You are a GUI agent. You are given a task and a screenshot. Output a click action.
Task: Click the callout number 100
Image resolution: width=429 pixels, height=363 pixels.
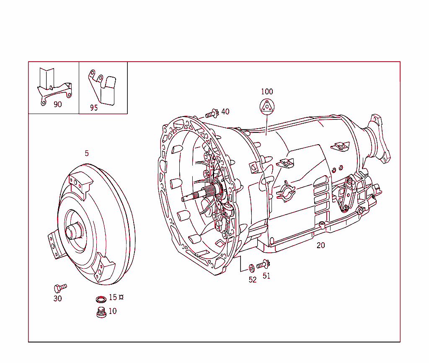[267, 91]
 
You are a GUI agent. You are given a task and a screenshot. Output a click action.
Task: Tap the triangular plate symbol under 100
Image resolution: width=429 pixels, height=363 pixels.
[266, 107]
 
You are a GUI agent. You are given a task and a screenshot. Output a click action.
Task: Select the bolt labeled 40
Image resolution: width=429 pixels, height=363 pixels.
[212, 113]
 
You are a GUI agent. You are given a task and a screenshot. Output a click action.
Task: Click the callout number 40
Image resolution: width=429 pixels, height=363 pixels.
[225, 111]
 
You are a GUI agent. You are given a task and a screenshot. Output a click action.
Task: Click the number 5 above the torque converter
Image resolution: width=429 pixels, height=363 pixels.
[87, 153]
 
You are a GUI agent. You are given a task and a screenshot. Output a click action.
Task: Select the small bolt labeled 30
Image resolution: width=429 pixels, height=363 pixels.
[60, 288]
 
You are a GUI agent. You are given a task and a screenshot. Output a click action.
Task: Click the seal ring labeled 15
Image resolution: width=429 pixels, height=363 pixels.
[101, 299]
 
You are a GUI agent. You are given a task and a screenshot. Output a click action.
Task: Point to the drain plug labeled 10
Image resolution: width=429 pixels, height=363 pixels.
[101, 313]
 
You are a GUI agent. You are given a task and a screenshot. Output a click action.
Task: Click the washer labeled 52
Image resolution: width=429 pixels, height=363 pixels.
[251, 267]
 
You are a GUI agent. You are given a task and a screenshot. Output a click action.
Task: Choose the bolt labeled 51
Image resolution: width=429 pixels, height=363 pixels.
[263, 264]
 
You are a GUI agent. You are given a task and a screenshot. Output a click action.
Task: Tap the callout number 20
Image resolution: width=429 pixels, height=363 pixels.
[320, 246]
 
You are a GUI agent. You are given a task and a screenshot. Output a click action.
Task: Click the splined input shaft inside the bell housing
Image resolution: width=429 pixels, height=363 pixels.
[197, 195]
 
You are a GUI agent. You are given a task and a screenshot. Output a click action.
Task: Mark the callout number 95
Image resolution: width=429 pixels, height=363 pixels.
[94, 108]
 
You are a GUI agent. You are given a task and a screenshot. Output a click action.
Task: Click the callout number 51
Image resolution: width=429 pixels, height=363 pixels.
[266, 276]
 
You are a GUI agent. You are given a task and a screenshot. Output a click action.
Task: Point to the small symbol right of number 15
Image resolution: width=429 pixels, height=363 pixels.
[121, 297]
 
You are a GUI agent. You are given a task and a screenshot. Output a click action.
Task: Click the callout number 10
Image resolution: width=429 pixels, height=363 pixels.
[113, 311]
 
